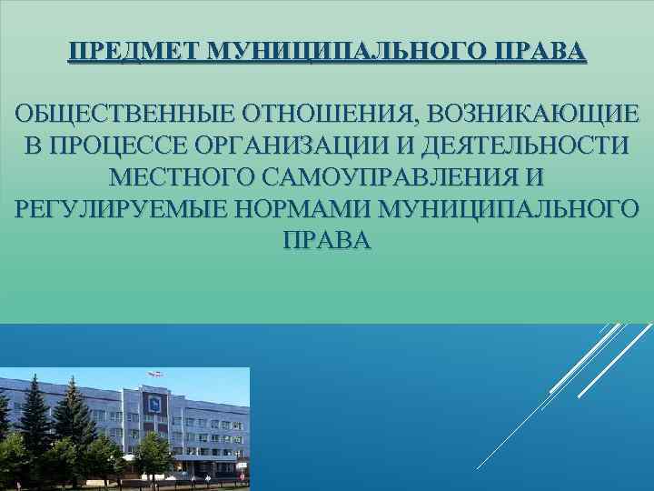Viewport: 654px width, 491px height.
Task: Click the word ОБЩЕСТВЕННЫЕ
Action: [x=124, y=115]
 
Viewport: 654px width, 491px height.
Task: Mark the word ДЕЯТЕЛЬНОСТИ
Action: [x=523, y=146]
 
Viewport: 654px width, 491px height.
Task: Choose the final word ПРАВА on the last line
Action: [x=327, y=239]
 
